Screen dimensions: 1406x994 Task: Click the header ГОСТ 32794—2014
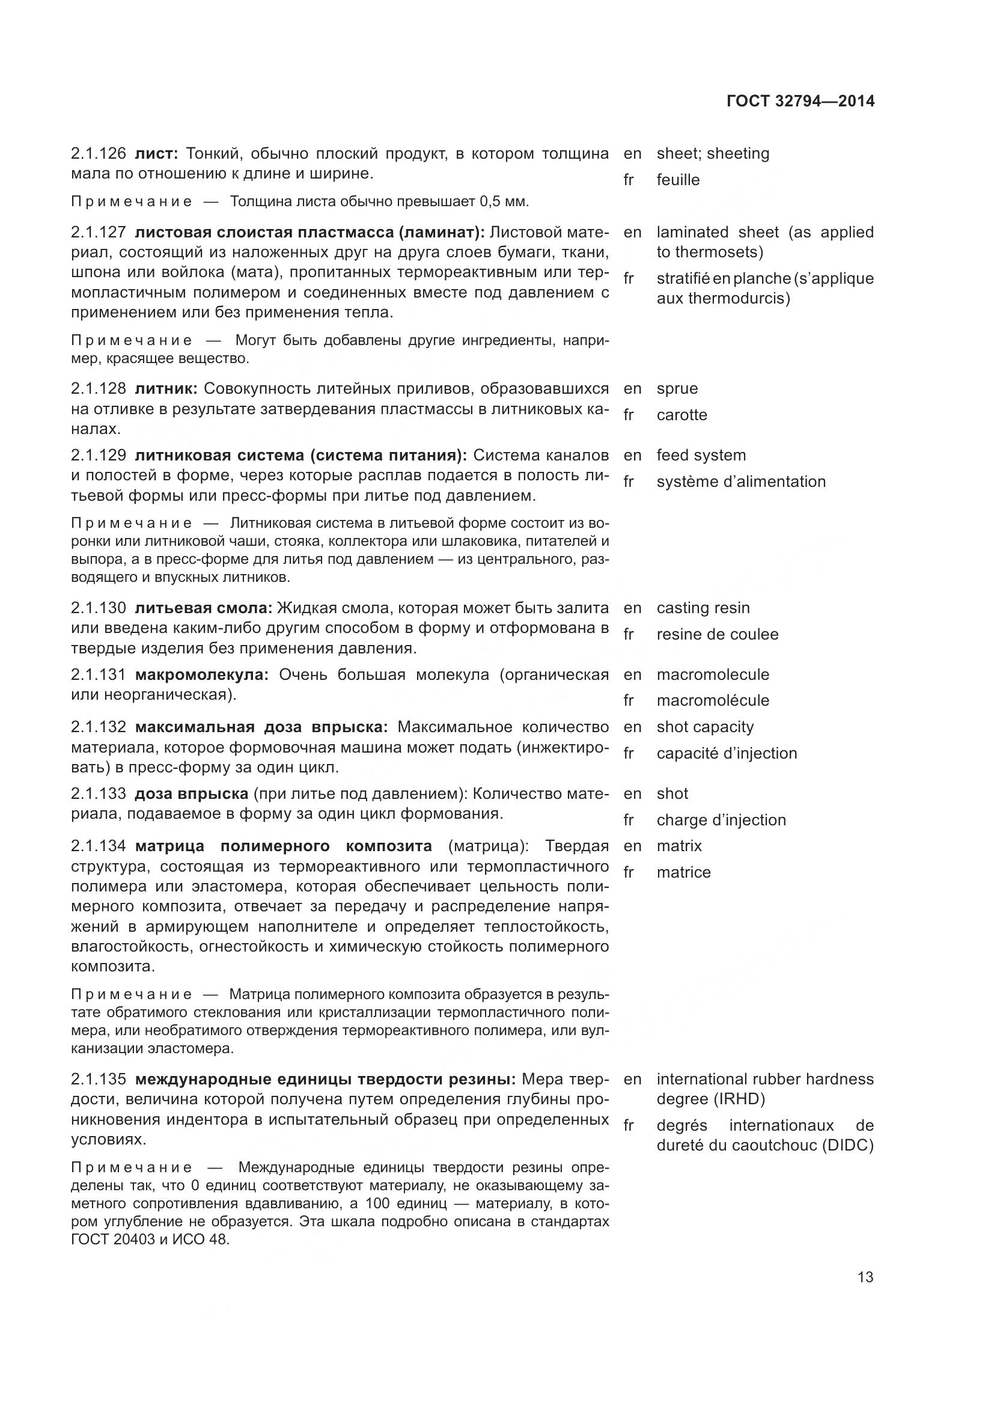[x=800, y=101]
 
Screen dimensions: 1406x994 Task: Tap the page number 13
[x=865, y=1277]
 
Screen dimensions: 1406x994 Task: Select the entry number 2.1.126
[x=98, y=154]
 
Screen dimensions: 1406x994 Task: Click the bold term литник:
[x=165, y=389]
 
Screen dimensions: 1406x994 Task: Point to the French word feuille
[x=677, y=180]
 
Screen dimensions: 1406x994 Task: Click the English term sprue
[x=677, y=389]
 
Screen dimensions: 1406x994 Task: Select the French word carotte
[x=681, y=415]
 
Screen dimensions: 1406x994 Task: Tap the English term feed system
[x=701, y=456]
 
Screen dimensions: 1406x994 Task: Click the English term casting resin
[x=703, y=608]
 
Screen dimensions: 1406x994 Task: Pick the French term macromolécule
[x=713, y=700]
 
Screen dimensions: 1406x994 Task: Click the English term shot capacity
[x=704, y=727]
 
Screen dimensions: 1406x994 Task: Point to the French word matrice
[x=683, y=873]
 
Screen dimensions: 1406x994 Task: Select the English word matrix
[x=678, y=846]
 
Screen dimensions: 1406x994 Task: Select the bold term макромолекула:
[x=201, y=675]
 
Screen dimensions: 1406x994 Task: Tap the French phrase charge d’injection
[x=721, y=821]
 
